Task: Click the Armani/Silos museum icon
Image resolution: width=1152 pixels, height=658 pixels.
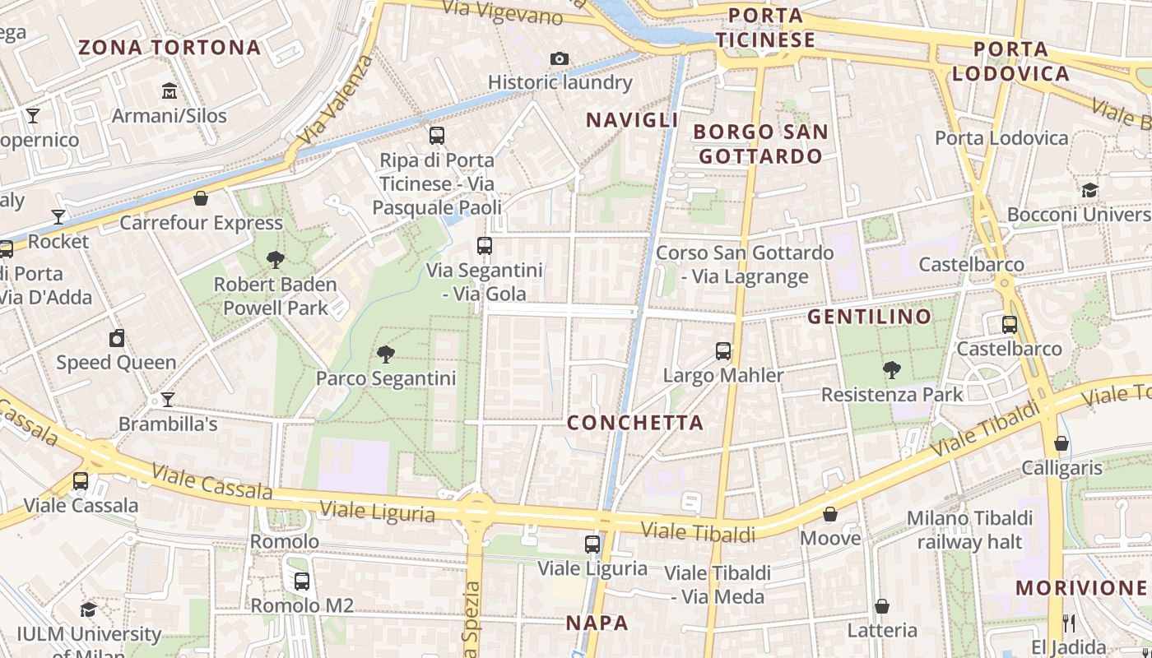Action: point(170,90)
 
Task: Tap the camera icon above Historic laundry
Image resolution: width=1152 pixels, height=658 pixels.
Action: point(560,58)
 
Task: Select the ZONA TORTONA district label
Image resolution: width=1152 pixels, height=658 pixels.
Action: point(170,48)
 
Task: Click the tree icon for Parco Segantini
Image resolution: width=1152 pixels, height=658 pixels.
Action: point(385,354)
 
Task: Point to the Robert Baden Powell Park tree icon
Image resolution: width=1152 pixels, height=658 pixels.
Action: point(276,260)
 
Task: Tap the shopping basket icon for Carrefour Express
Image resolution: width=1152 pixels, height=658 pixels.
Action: point(201,198)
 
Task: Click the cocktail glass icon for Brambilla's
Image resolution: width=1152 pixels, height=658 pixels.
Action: point(168,400)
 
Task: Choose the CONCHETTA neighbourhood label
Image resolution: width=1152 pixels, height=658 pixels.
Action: point(635,423)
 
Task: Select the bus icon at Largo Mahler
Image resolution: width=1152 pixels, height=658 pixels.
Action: point(723,351)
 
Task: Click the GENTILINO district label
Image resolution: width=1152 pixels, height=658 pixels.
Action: point(870,317)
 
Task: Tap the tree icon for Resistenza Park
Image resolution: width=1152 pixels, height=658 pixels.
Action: point(891,370)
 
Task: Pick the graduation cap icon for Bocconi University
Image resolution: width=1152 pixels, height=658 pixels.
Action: point(1089,190)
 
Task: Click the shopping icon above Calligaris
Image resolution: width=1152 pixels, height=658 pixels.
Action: point(1061,443)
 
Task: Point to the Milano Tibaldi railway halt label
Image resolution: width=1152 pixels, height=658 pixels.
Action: point(969,530)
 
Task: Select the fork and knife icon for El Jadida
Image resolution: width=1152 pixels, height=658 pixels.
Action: point(1069,623)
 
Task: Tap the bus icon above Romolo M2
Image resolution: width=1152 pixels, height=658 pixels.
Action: point(302,581)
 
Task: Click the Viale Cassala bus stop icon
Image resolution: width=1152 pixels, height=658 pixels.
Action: point(81,480)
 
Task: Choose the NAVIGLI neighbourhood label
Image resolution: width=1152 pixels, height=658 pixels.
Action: point(632,120)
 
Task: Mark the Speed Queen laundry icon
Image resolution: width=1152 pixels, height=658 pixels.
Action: point(117,338)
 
